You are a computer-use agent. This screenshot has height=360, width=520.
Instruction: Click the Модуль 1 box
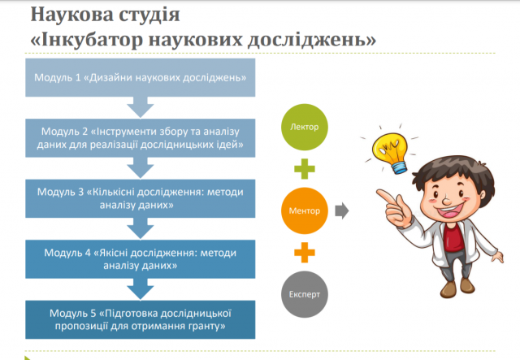pos(140,78)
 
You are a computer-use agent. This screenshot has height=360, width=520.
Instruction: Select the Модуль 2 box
pos(140,138)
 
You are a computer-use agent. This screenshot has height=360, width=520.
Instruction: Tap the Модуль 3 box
pos(140,198)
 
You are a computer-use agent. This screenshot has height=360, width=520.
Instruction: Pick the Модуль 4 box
pos(140,258)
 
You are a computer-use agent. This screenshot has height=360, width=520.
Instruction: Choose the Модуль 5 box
pos(140,319)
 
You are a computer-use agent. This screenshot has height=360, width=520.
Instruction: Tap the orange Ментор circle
pos(305,210)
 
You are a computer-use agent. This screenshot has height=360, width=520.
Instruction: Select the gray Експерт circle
pos(305,293)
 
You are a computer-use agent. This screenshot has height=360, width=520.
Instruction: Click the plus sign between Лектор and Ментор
pos(305,170)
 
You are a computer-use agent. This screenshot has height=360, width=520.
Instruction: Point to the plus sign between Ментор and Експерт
pos(305,252)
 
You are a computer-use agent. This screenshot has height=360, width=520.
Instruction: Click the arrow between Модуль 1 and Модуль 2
pos(140,106)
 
